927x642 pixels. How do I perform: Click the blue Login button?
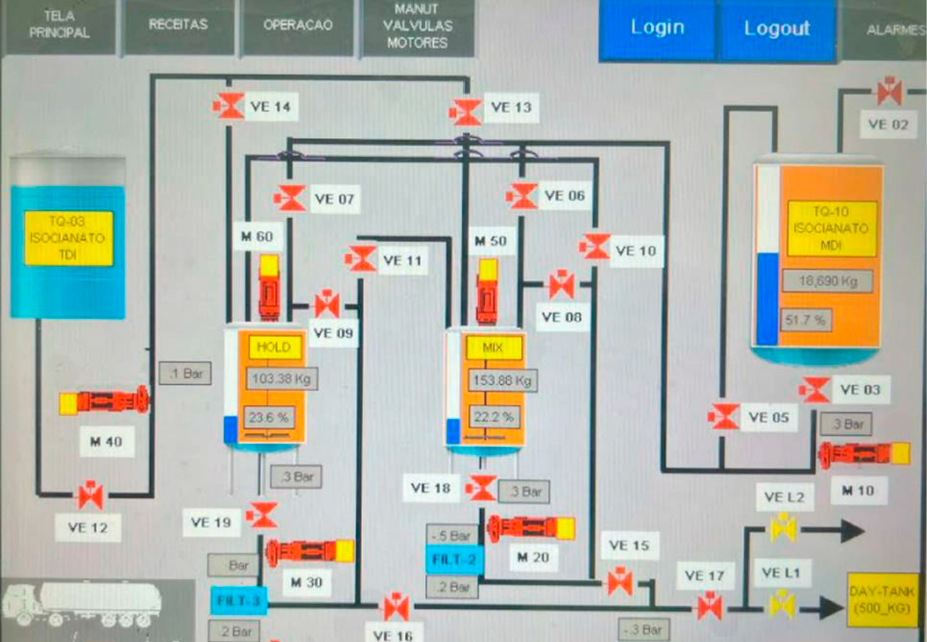pyautogui.click(x=657, y=28)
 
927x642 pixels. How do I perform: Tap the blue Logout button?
pyautogui.click(x=777, y=29)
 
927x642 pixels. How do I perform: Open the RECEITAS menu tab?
pyautogui.click(x=178, y=25)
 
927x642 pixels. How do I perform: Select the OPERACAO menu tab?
pyautogui.click(x=298, y=26)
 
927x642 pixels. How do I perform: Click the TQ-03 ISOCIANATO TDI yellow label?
pyautogui.click(x=68, y=238)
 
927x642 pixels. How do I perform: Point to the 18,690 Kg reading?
pyautogui.click(x=827, y=281)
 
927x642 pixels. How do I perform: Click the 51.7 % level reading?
pyautogui.click(x=806, y=320)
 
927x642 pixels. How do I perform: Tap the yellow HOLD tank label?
pyautogui.click(x=273, y=347)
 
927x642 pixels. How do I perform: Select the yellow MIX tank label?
pyautogui.click(x=493, y=348)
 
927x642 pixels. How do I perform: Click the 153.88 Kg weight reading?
pyautogui.click(x=502, y=381)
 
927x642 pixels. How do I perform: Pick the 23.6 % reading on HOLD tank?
pyautogui.click(x=269, y=418)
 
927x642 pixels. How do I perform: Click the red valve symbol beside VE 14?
pyautogui.click(x=229, y=106)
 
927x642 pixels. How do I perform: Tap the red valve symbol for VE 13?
pyautogui.click(x=466, y=112)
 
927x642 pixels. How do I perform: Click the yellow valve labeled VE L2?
pyautogui.click(x=783, y=528)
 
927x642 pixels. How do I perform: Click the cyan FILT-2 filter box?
pyautogui.click(x=454, y=560)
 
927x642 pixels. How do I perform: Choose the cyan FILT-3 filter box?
pyautogui.click(x=238, y=601)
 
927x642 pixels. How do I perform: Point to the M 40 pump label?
pyautogui.click(x=106, y=441)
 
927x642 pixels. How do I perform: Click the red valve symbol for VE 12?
pyautogui.click(x=91, y=495)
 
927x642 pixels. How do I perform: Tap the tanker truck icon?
pyautogui.click(x=83, y=604)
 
